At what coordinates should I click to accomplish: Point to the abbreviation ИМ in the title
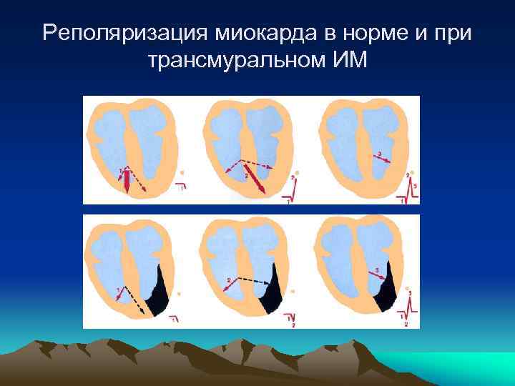349,61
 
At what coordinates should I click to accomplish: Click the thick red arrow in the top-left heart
127,182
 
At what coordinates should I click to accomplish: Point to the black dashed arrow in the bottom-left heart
136,300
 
